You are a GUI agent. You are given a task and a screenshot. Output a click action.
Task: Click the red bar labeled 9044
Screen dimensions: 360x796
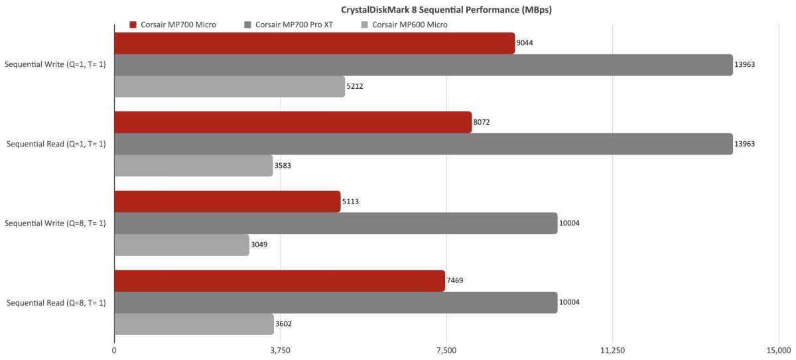314,43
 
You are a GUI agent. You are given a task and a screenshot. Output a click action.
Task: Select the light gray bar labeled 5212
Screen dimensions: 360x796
230,86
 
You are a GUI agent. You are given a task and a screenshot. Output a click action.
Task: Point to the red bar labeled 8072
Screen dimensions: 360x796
293,122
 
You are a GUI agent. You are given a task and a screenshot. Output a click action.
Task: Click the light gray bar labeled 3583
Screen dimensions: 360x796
194,165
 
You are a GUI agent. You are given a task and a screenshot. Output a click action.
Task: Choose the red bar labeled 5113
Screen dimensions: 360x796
228,202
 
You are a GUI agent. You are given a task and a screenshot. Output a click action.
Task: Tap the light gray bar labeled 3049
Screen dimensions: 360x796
182,245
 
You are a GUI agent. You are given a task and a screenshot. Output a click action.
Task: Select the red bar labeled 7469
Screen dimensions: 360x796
279,280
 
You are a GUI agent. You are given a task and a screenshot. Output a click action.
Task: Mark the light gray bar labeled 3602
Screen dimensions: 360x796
194,324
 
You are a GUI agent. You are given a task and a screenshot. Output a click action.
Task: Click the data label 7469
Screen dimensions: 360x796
455,280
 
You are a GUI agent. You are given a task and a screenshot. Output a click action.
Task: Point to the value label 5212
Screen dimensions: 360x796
355,86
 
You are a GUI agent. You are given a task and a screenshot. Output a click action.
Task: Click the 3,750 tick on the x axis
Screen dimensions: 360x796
281,350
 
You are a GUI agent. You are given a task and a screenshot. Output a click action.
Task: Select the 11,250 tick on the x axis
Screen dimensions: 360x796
613,350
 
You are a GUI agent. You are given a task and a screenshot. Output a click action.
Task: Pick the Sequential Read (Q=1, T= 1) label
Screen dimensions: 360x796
56,144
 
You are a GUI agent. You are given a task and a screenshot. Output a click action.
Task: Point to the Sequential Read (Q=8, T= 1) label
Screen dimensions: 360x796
56,302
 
